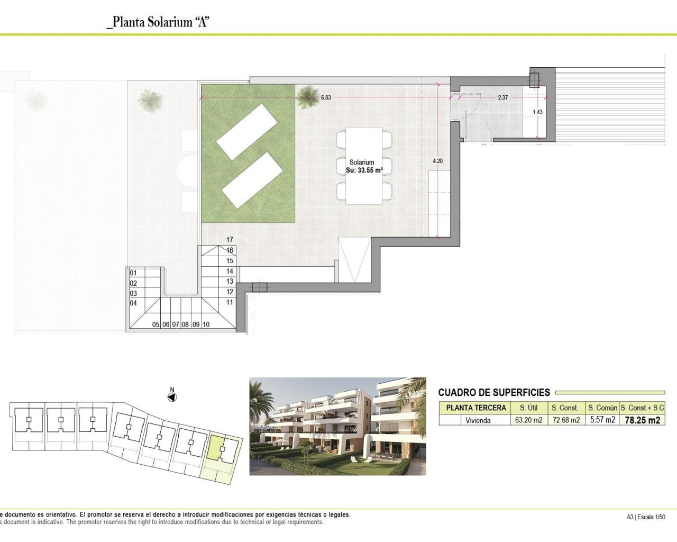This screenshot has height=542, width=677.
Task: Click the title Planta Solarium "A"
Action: coord(158,22)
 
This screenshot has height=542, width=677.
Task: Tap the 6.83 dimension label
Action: coord(326,98)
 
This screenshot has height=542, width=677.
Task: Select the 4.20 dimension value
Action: coord(437,161)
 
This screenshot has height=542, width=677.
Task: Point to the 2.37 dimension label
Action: coord(502,98)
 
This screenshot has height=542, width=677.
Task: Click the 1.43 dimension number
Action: coord(537,112)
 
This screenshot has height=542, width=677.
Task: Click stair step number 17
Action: coord(230,240)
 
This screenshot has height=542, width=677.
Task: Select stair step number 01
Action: coord(133,273)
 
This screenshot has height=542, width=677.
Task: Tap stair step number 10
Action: coord(206,324)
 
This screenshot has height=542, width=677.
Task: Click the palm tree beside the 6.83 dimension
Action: coord(307,97)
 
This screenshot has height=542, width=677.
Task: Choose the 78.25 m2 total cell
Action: coord(642,420)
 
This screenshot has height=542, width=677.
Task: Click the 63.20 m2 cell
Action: coord(528,420)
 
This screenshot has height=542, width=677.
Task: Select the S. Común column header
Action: coord(602,408)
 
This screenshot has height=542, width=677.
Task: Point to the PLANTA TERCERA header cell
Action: coord(475,408)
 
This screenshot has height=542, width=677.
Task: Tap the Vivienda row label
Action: coord(478,420)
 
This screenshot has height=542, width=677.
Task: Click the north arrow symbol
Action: coord(172,396)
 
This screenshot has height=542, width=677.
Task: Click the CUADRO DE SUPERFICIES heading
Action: coord(494,392)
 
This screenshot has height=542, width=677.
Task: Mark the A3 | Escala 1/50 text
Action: coord(646,517)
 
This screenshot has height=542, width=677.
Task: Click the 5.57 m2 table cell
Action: coord(602,420)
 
